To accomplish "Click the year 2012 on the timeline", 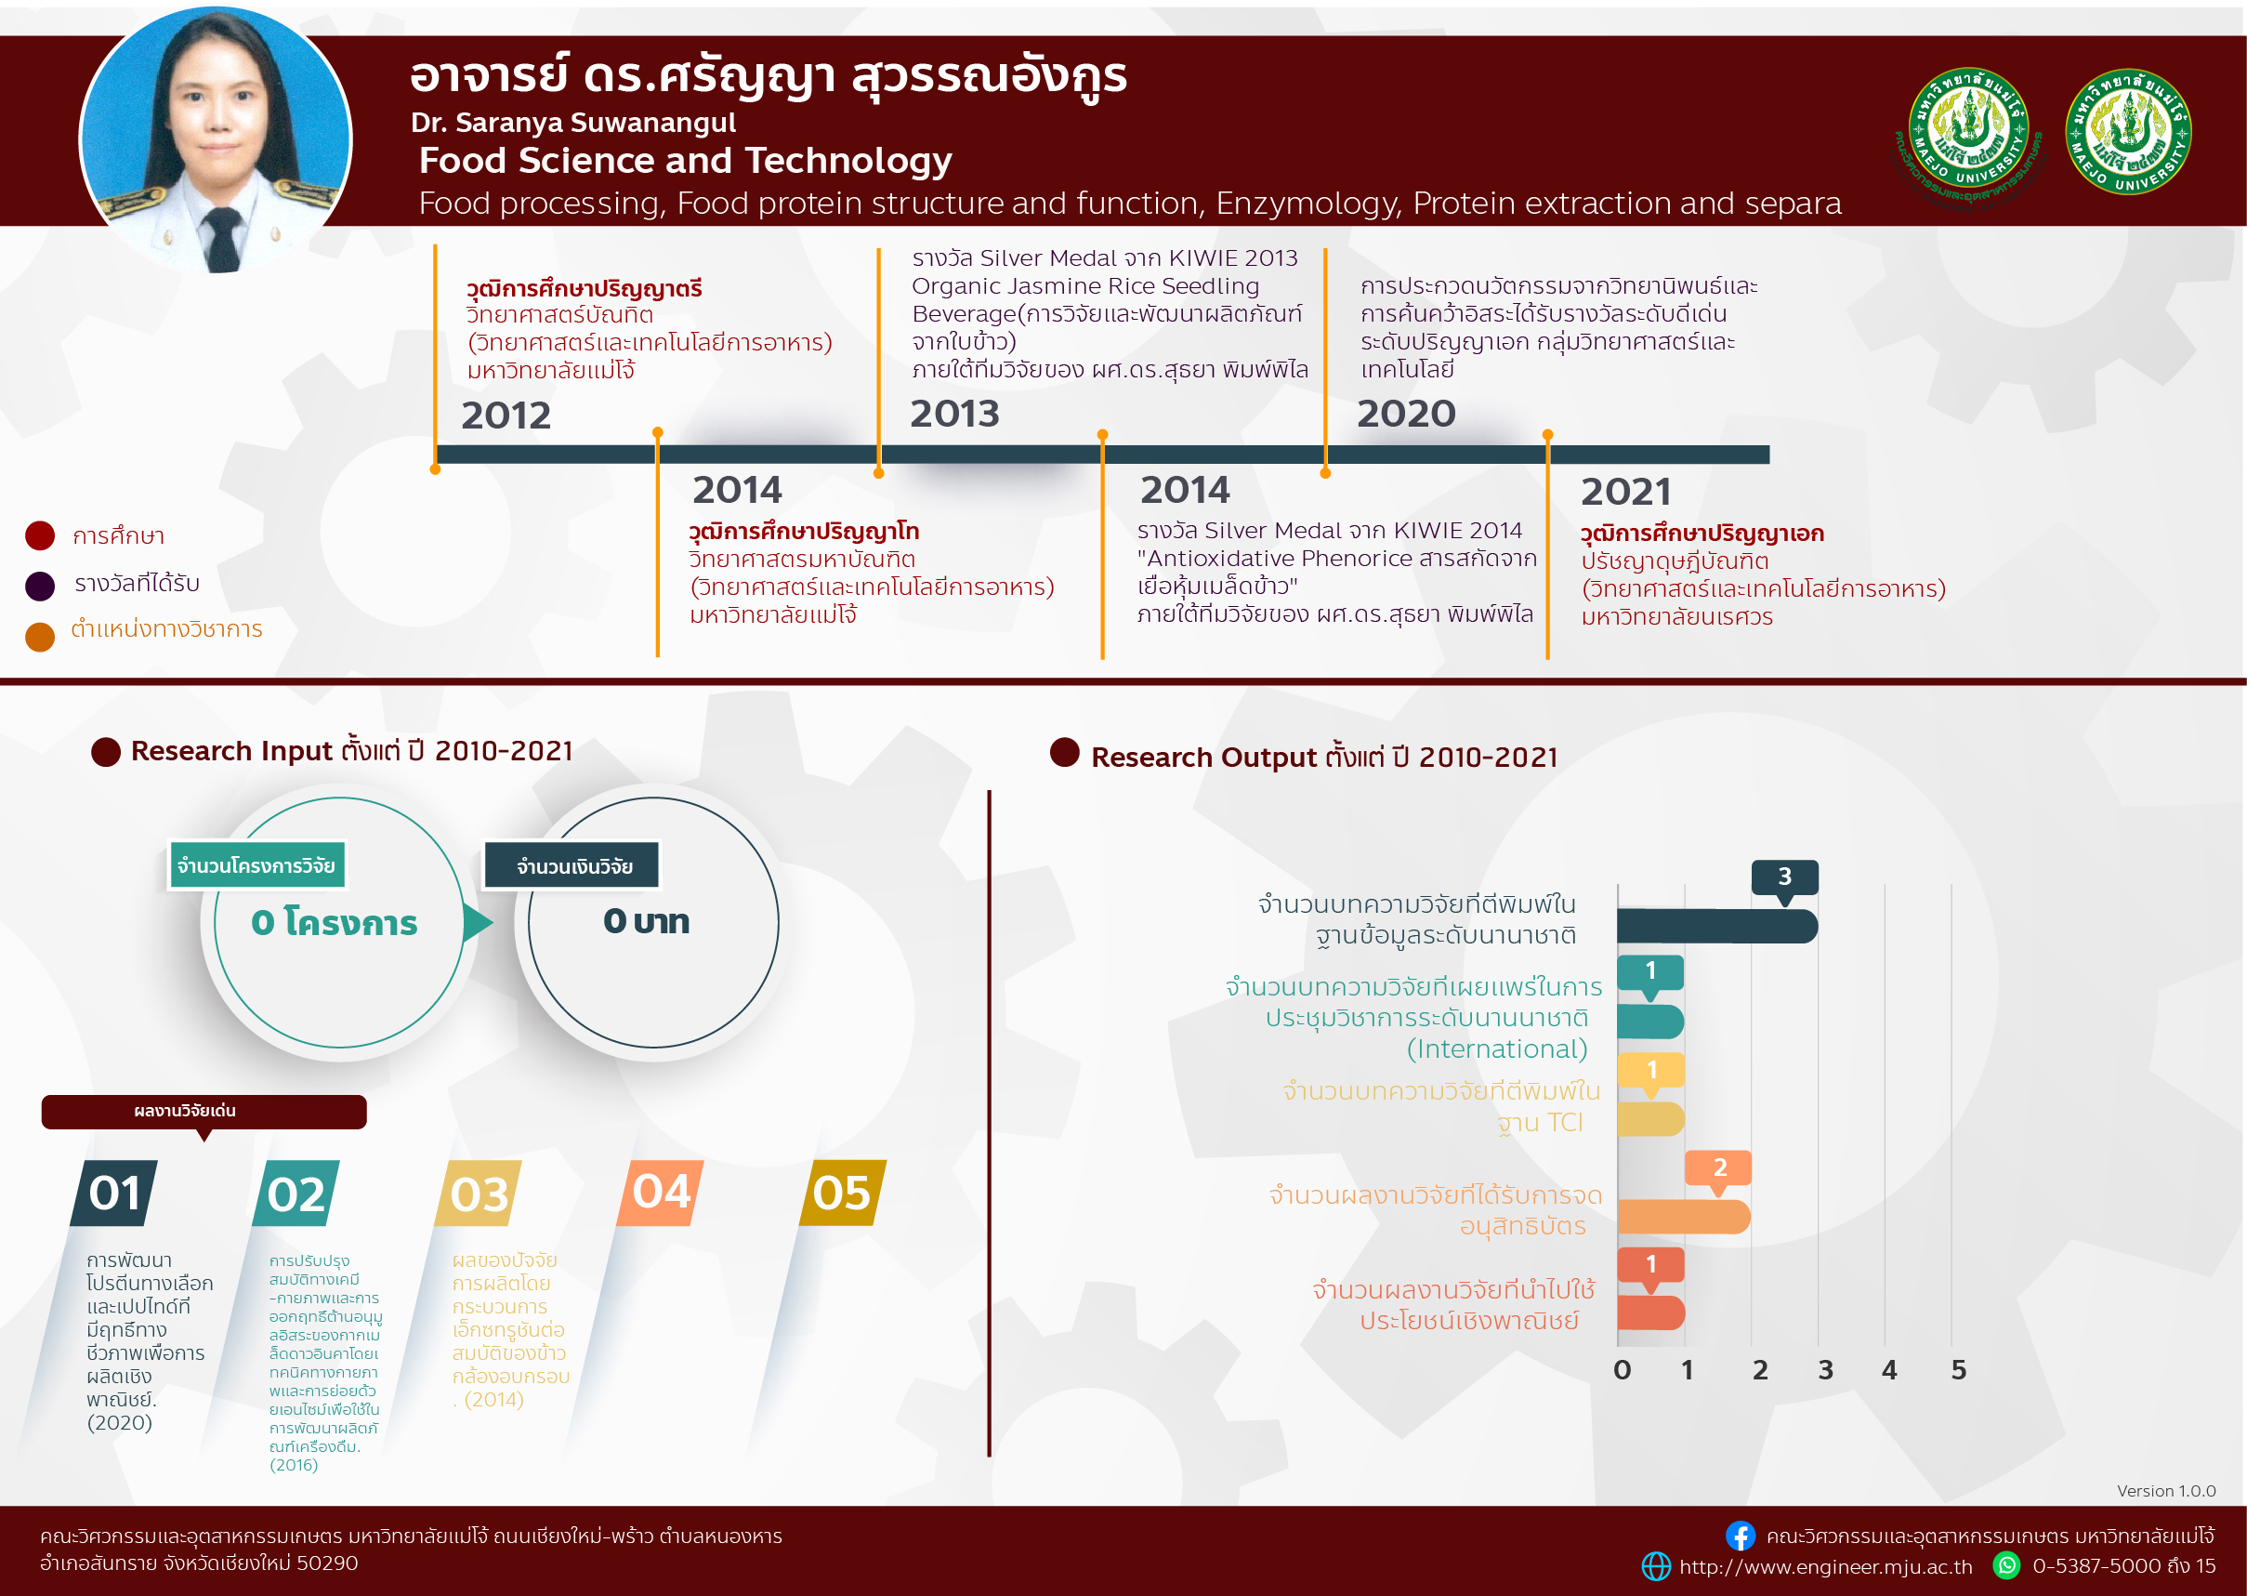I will [x=506, y=415].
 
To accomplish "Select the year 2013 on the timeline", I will [x=954, y=414].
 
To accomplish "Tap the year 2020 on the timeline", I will [x=1406, y=414].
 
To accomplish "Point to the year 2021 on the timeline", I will [x=1625, y=492].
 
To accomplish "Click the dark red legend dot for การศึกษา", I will [x=39, y=535].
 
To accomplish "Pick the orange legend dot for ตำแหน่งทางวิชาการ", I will [x=39, y=637].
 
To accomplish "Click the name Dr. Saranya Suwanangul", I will [x=572, y=123].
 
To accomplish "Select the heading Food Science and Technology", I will [x=685, y=161].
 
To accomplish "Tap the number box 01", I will [x=115, y=1194].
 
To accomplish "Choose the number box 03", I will [x=479, y=1194].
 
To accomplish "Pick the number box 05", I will [x=842, y=1194].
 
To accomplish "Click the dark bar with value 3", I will [x=1715, y=927].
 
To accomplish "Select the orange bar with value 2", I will [x=1683, y=1217].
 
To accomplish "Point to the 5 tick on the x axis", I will [x=1958, y=1370].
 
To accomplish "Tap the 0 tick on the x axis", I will [x=1623, y=1370].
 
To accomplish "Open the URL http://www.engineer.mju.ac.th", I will [x=1824, y=1566].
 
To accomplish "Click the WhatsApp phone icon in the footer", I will [x=2006, y=1565].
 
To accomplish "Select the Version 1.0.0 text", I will [x=2165, y=1491].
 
